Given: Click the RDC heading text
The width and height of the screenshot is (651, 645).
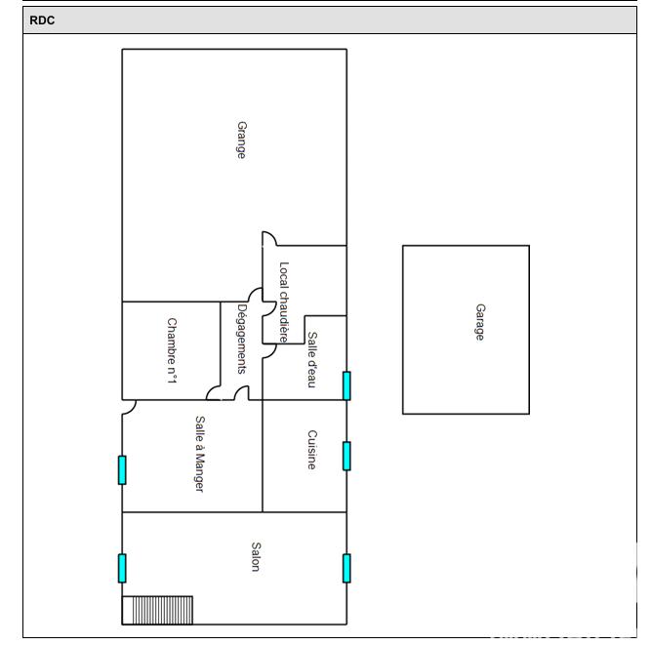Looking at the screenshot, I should point(42,20).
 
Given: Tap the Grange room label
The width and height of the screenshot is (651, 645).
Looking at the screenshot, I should point(241,140).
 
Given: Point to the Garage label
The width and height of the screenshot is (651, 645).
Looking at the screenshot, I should point(479,322).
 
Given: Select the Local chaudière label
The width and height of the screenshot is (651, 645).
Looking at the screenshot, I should point(284,301).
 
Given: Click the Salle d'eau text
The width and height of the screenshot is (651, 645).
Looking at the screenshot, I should point(312,360).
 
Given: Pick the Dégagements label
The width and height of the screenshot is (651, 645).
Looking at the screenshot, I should point(241,340).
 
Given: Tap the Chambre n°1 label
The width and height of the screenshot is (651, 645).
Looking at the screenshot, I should point(171,349).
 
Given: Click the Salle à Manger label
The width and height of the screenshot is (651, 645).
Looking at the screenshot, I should point(198,454).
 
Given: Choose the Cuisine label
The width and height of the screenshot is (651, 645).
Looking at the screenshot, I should point(311,450).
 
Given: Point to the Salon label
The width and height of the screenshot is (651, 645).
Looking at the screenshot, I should point(256,557).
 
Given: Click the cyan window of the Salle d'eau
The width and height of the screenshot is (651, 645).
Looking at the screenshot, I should point(346,385).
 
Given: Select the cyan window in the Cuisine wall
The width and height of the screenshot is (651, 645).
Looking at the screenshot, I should point(346,456).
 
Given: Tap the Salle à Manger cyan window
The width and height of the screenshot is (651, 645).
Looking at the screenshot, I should point(122,469).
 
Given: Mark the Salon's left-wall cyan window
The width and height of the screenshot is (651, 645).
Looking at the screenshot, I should point(122,568).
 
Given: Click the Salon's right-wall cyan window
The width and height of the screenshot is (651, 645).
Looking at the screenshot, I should point(346,568).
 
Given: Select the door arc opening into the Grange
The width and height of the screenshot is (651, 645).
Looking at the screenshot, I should point(269,238).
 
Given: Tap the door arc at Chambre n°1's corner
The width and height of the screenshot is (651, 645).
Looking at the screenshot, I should point(213,392).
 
